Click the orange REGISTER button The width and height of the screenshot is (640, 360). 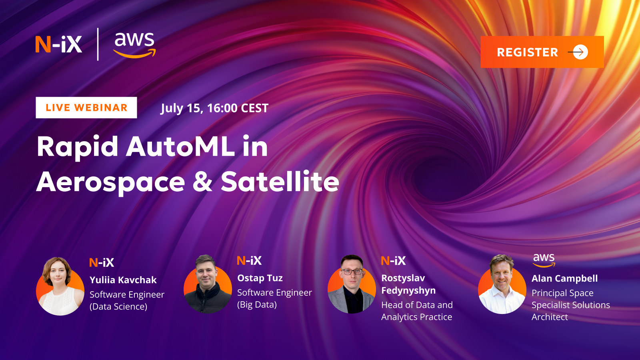point(542,52)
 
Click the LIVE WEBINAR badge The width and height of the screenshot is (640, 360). point(86,108)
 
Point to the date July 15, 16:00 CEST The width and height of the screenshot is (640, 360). point(214,108)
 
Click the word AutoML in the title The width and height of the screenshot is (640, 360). point(180,146)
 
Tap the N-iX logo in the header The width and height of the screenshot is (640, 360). point(59,44)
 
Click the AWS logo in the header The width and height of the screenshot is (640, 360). point(134,44)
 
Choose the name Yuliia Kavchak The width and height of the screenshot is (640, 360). point(123,280)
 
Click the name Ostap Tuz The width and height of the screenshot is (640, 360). point(260,278)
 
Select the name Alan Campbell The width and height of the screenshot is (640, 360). point(564,278)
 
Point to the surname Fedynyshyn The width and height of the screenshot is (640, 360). point(408,290)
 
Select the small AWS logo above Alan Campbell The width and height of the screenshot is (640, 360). point(544,260)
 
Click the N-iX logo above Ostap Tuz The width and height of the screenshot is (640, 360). point(249,261)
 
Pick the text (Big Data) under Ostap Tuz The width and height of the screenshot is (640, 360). point(257,305)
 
